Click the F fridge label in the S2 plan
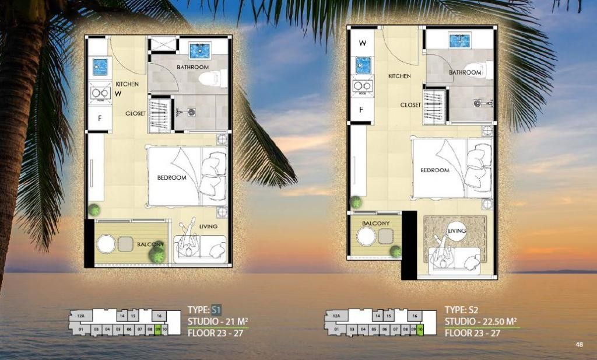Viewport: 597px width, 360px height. [x=361, y=109]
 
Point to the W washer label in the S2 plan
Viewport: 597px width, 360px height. [x=362, y=43]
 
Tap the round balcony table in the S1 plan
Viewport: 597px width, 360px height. [x=106, y=243]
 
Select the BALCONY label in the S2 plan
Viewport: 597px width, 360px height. [x=375, y=223]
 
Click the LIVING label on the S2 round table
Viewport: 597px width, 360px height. [x=456, y=231]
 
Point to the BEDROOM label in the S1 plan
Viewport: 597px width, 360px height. [x=171, y=177]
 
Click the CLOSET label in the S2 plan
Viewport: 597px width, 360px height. [x=410, y=105]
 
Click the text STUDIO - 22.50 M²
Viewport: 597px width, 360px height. [x=481, y=321]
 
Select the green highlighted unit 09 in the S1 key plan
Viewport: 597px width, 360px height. [x=157, y=330]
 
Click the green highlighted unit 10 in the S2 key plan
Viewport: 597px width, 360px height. [x=420, y=330]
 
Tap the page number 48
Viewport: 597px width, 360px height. [x=579, y=344]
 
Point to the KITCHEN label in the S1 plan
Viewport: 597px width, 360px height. [x=127, y=85]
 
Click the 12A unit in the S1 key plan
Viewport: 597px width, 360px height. [x=80, y=316]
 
